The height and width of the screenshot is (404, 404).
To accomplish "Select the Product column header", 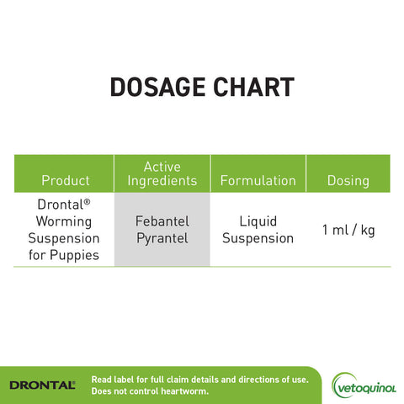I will pyautogui.click(x=65, y=180).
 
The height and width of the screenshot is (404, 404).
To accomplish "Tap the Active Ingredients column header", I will pyautogui.click(x=162, y=173).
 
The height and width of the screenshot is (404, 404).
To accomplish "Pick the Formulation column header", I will pyautogui.click(x=258, y=180).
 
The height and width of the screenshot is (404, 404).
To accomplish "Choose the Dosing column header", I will pyautogui.click(x=348, y=180).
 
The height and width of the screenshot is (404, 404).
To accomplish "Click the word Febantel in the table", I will pyautogui.click(x=162, y=221).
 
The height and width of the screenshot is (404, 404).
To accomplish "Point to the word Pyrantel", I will pyautogui.click(x=162, y=238).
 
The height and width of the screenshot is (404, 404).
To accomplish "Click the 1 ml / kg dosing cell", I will pyautogui.click(x=348, y=230).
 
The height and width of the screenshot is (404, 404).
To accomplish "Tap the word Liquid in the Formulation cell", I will pyautogui.click(x=258, y=221).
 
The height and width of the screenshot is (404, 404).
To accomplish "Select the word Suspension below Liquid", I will pyautogui.click(x=258, y=238).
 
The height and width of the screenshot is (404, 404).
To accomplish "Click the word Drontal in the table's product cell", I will pyautogui.click(x=61, y=205).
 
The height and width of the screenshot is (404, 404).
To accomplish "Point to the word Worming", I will pyautogui.click(x=65, y=221).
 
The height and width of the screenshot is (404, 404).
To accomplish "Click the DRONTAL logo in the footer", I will pyautogui.click(x=41, y=385).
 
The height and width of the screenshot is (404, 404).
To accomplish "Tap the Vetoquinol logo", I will pyautogui.click(x=364, y=385).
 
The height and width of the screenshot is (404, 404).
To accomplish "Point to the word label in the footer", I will pyautogui.click(x=126, y=380).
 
